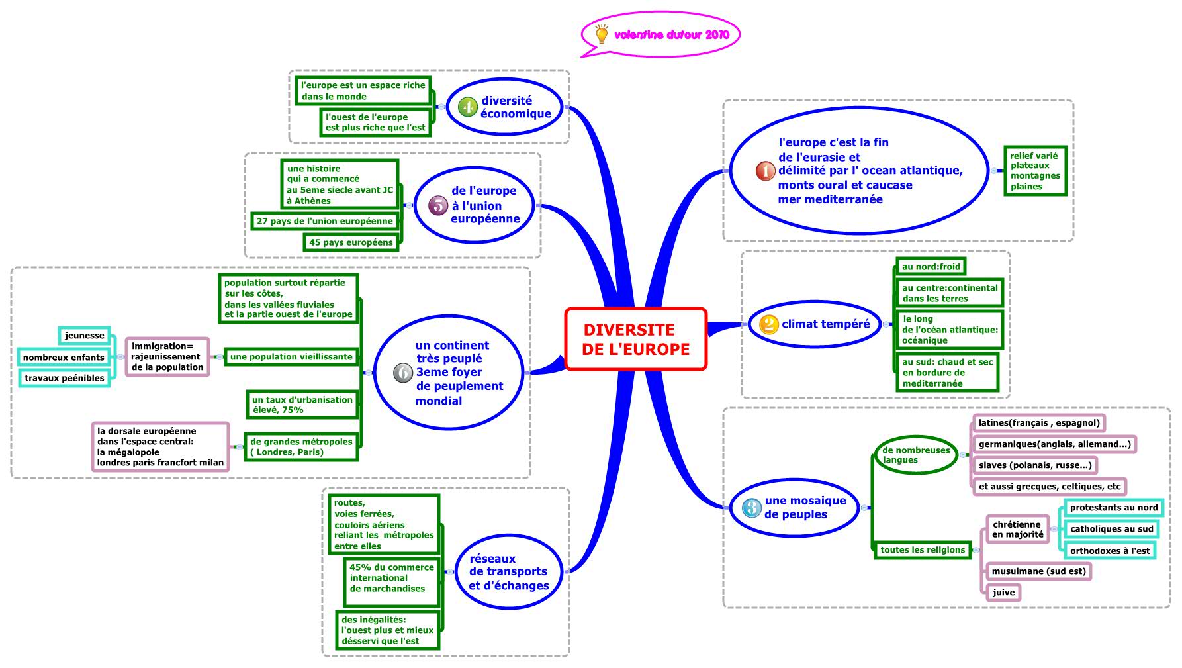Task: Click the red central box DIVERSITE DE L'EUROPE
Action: click(635, 339)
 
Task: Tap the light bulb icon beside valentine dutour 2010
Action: click(601, 34)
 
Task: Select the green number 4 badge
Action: click(468, 107)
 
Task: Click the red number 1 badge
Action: click(765, 171)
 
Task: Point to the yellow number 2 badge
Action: click(768, 324)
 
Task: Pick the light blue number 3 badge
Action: click(751, 508)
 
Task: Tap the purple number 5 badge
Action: click(438, 205)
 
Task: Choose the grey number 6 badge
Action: click(403, 373)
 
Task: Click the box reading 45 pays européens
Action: click(351, 242)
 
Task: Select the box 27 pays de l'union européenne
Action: click(324, 221)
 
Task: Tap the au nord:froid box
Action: click(931, 267)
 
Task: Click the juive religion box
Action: click(1003, 593)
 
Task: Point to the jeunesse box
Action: click(85, 336)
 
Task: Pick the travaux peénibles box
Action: click(64, 378)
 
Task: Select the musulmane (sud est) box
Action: click(1038, 571)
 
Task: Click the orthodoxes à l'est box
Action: click(1110, 551)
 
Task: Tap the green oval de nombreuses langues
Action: click(916, 455)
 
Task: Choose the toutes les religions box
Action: click(922, 550)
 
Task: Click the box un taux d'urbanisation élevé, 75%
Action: click(302, 405)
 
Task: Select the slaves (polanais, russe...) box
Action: click(1034, 465)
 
